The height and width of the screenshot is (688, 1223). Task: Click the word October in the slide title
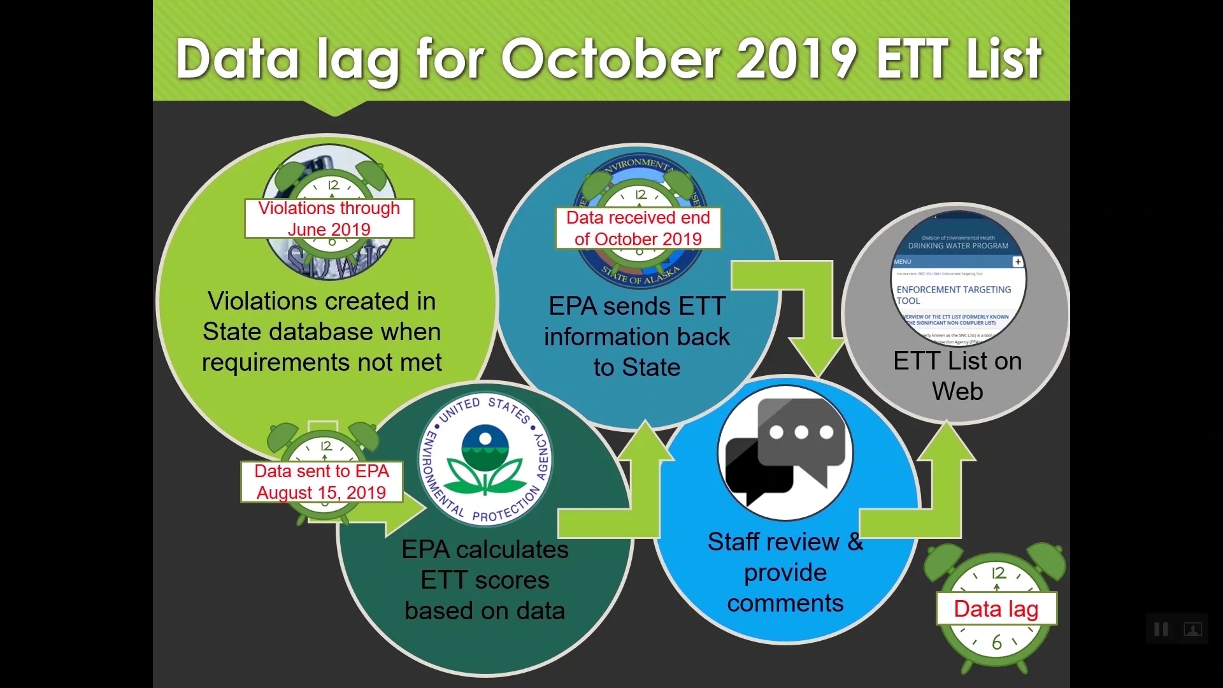point(611,59)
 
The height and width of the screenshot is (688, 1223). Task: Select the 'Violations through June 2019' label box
point(329,219)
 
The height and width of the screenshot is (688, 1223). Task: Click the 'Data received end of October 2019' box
point(638,228)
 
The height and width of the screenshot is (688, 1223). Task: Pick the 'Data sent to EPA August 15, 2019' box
point(322,482)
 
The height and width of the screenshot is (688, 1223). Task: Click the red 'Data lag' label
point(996,609)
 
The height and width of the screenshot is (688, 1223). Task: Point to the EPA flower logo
point(485,459)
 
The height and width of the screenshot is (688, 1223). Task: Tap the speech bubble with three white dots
point(801,433)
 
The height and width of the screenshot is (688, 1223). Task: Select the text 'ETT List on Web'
point(957,376)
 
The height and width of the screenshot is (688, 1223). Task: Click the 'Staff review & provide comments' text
point(785,572)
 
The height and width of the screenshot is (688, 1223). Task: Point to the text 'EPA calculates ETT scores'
point(485,565)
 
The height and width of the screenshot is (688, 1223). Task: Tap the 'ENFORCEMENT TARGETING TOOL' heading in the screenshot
point(953,294)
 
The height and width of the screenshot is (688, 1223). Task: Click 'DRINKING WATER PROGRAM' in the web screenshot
point(958,245)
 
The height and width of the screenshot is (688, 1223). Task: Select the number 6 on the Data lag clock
point(997,643)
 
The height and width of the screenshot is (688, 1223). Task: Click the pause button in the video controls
point(1161,629)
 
